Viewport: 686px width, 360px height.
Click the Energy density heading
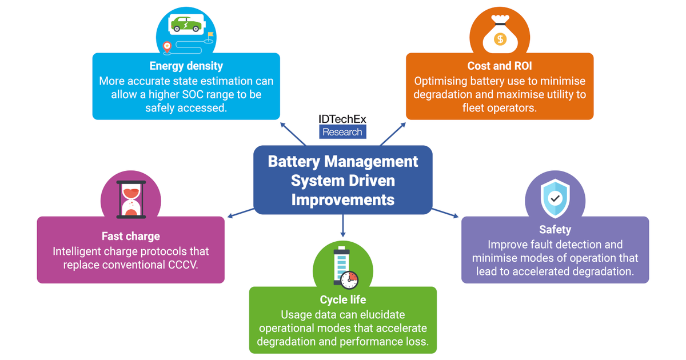pyautogui.click(x=186, y=66)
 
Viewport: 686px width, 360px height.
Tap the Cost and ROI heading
pyautogui.click(x=500, y=66)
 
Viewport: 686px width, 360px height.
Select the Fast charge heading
pyautogui.click(x=130, y=236)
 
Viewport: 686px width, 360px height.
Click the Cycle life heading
pyautogui.click(x=343, y=299)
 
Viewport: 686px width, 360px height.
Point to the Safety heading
pyautogui.click(x=555, y=229)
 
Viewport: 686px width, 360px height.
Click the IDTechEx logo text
pyautogui.click(x=342, y=119)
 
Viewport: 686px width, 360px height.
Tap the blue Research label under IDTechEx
pyautogui.click(x=342, y=132)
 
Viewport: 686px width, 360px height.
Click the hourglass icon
pyautogui.click(x=131, y=200)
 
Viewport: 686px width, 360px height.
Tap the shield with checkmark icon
pyautogui.click(x=555, y=197)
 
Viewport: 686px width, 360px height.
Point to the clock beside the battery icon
pyautogui.click(x=349, y=279)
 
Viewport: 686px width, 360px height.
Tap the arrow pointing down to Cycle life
pyautogui.click(x=343, y=226)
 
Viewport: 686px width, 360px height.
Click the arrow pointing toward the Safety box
pyautogui.click(x=446, y=213)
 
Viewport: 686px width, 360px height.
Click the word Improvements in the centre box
pyautogui.click(x=342, y=200)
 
